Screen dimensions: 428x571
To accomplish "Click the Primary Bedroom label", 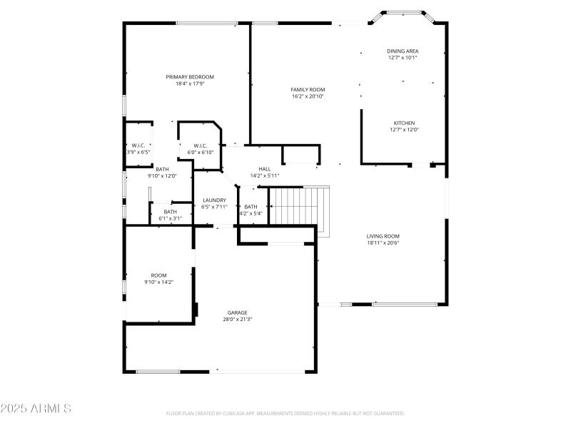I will (x=190, y=77).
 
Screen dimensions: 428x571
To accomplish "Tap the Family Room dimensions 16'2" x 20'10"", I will (x=308, y=96).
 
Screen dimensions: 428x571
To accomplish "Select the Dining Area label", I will (x=403, y=51).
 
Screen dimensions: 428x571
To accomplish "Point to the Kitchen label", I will (x=404, y=123).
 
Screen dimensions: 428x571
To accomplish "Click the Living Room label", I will (x=383, y=236).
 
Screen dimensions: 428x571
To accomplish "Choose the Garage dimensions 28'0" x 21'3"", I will (x=238, y=319).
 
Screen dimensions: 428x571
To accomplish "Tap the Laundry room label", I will (x=214, y=200).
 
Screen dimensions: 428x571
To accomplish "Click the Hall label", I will (x=265, y=168).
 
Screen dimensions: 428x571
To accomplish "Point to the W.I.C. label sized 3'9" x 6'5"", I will (x=138, y=146).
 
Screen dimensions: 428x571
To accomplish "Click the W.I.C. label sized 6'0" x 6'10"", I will (x=200, y=146).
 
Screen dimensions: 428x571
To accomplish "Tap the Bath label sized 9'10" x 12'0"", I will (x=163, y=169).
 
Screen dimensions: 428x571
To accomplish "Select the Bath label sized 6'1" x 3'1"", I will (x=171, y=211).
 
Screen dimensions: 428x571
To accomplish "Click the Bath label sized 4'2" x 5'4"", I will (x=251, y=206).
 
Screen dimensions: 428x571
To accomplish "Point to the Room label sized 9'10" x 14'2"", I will (x=158, y=275).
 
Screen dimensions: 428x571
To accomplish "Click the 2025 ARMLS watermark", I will (x=36, y=409).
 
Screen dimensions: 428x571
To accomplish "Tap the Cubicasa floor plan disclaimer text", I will (x=285, y=413).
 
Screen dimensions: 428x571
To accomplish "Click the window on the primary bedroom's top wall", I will (x=207, y=23).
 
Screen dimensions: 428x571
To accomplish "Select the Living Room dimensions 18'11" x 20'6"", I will (x=383, y=243).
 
